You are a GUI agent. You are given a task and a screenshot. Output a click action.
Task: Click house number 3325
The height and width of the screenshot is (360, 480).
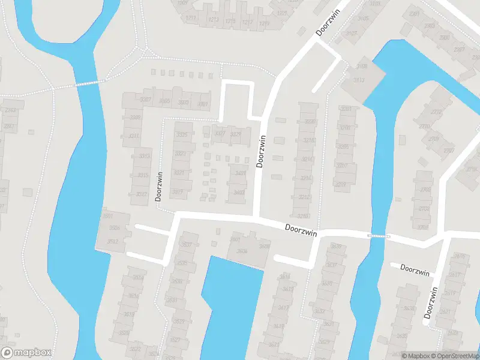click(182, 134)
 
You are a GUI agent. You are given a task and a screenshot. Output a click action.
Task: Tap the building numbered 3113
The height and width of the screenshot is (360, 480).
click(360, 80)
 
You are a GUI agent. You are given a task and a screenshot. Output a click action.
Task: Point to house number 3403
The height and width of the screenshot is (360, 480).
click(239, 193)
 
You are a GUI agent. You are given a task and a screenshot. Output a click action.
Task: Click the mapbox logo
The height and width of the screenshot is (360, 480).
click(26, 353)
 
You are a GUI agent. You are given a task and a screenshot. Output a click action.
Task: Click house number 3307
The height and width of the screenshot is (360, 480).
click(146, 100)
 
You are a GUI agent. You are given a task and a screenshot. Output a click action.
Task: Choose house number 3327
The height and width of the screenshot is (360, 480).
click(220, 133)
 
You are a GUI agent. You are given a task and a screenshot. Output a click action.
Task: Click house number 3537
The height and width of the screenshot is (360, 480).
click(187, 245)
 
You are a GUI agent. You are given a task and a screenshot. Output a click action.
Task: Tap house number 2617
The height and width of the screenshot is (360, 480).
click(459, 275)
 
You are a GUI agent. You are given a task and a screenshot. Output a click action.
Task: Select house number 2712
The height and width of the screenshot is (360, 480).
click(437, 111)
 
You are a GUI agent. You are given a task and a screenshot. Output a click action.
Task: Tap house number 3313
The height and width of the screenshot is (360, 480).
click(144, 157)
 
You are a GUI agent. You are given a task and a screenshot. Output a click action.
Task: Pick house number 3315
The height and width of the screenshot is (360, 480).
click(143, 175)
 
